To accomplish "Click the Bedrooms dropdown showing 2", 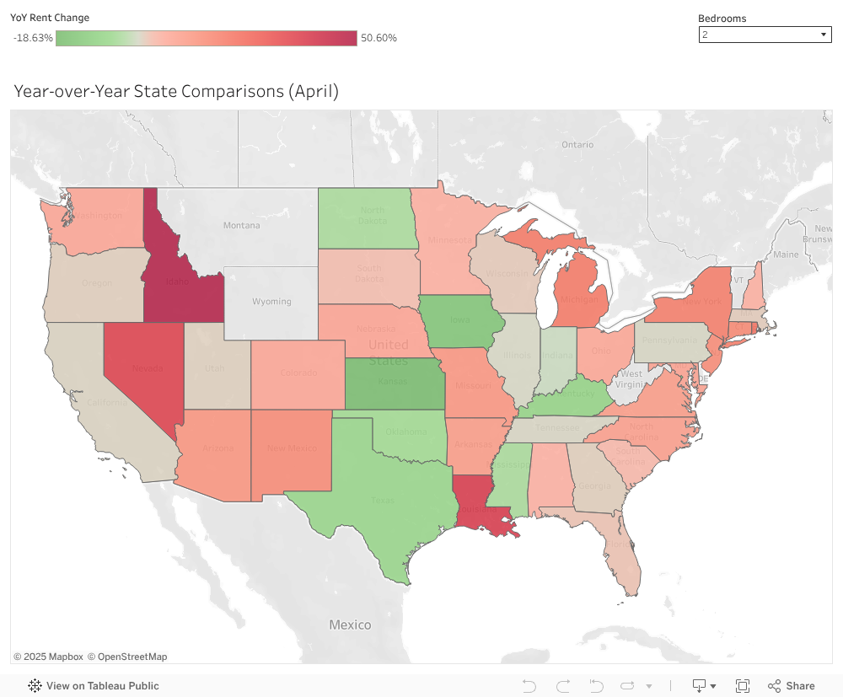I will (765, 35).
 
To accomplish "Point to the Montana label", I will (241, 225).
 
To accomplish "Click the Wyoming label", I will (271, 301).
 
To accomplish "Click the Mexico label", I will (350, 625).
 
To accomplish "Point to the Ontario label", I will (577, 144).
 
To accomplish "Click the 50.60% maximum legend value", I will (379, 38).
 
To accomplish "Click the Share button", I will (791, 686).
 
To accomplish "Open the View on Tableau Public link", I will (94, 686).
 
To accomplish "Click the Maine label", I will (785, 255).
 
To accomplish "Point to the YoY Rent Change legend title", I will (50, 18).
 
